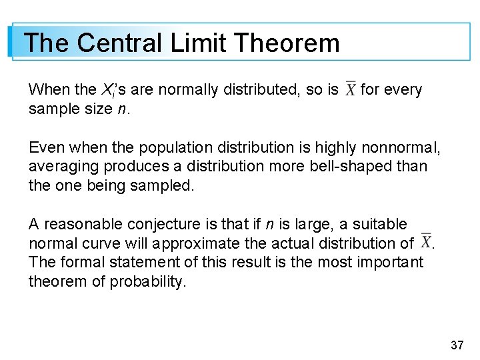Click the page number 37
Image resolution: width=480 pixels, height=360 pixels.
pyautogui.click(x=457, y=345)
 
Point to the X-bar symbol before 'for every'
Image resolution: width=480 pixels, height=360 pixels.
pyautogui.click(x=350, y=90)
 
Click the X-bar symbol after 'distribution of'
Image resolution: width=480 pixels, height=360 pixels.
pyautogui.click(x=425, y=243)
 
